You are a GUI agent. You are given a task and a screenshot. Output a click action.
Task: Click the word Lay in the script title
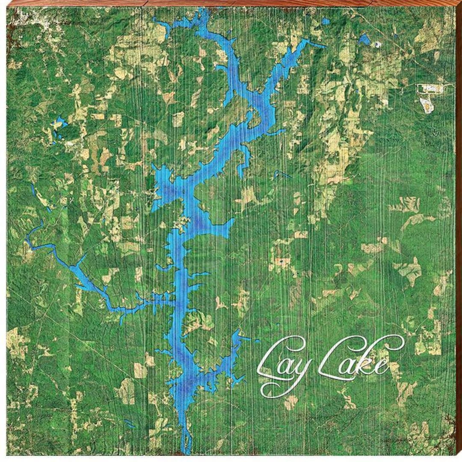(284, 361)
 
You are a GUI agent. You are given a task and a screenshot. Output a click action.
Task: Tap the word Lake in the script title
(357, 359)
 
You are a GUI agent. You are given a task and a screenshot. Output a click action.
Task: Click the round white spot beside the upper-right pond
(378, 44)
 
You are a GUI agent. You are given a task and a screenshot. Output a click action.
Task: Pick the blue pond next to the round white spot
(364, 39)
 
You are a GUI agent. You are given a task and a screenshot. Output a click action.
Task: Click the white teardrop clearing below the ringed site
(426, 105)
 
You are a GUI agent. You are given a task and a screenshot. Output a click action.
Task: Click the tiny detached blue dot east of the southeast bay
(257, 341)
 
